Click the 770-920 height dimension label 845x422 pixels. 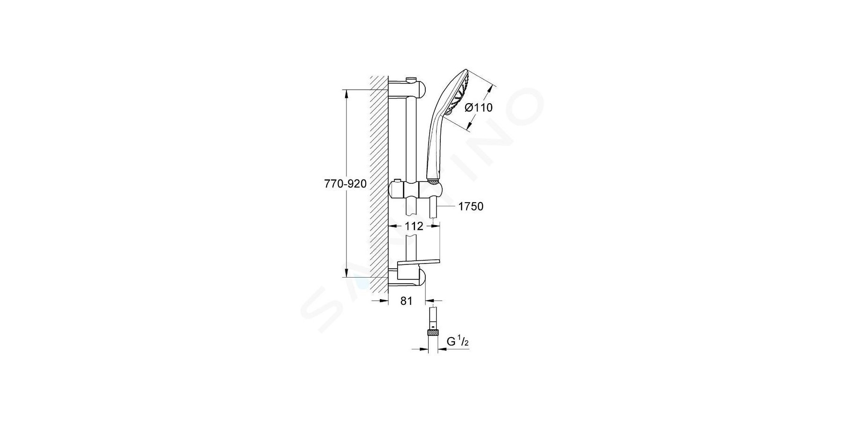pos(345,184)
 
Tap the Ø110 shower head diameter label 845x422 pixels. pos(478,108)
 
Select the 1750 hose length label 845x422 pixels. pos(471,206)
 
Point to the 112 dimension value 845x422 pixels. pos(414,226)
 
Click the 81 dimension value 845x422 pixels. pos(407,301)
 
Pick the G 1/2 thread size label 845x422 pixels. pos(458,342)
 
